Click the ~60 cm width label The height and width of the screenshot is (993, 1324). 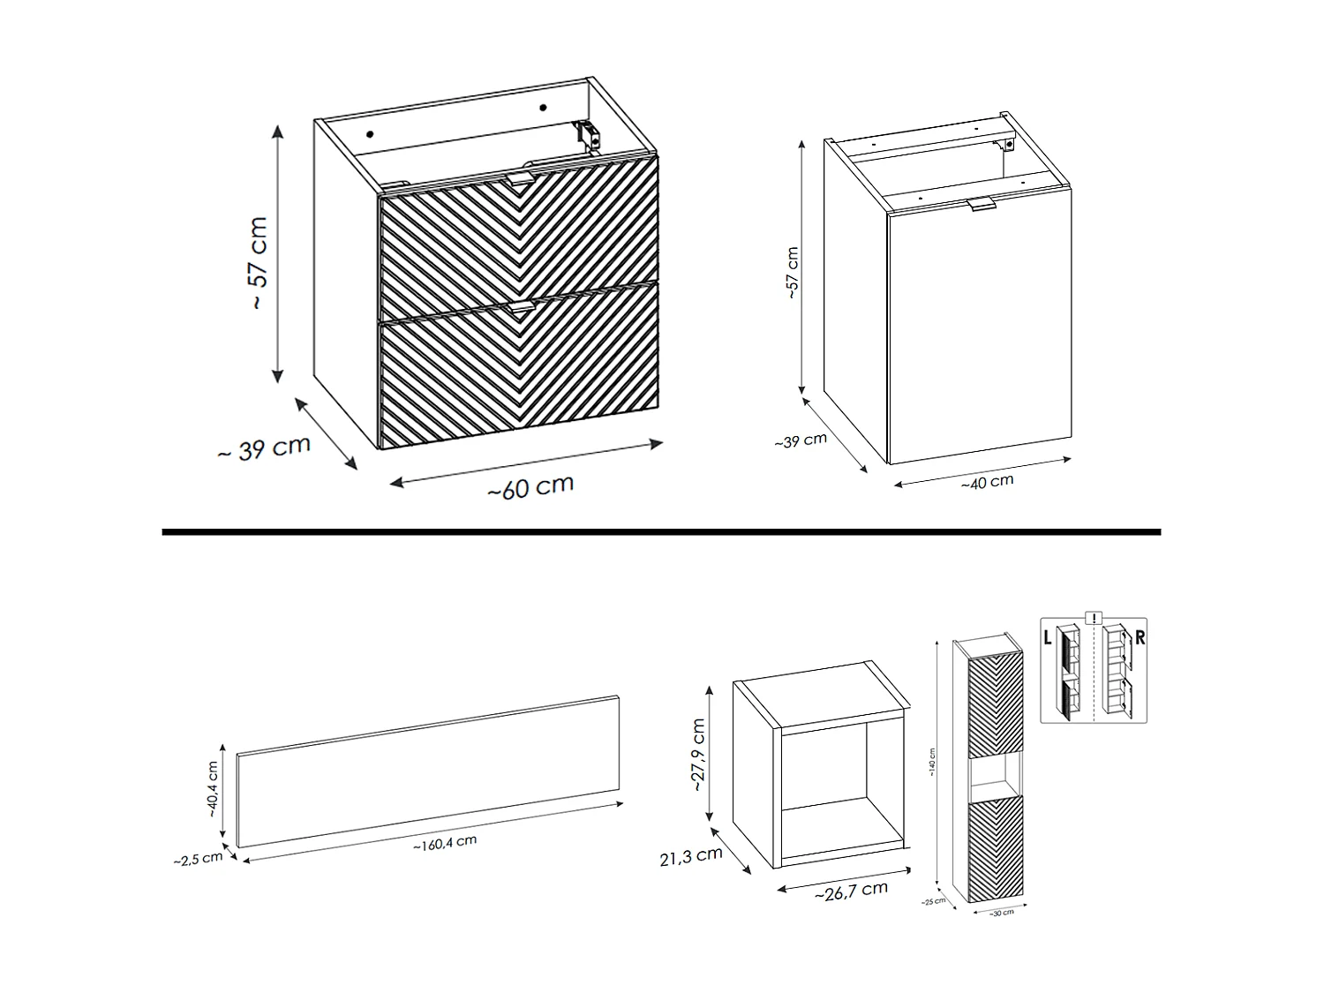pyautogui.click(x=530, y=486)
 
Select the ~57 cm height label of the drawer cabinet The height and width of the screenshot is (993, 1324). pyautogui.click(x=258, y=262)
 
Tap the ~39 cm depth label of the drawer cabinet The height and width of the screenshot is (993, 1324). pyautogui.click(x=264, y=448)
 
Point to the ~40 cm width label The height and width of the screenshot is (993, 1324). pyautogui.click(x=987, y=482)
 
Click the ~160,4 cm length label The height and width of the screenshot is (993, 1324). pyautogui.click(x=444, y=843)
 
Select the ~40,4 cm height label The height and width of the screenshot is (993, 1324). pyautogui.click(x=213, y=789)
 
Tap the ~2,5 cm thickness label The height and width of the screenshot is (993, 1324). pyautogui.click(x=198, y=858)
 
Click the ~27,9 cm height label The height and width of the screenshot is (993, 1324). pyautogui.click(x=698, y=754)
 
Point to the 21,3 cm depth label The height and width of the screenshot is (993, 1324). pyautogui.click(x=691, y=854)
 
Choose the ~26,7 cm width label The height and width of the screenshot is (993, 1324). pyautogui.click(x=851, y=891)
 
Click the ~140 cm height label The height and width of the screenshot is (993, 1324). pyautogui.click(x=930, y=764)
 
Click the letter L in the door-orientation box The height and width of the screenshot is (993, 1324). pyautogui.click(x=1048, y=638)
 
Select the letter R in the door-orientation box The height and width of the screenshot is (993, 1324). pyautogui.click(x=1140, y=637)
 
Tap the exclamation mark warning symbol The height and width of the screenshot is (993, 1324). pyautogui.click(x=1095, y=618)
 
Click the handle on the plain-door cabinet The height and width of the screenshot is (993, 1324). pyautogui.click(x=981, y=206)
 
